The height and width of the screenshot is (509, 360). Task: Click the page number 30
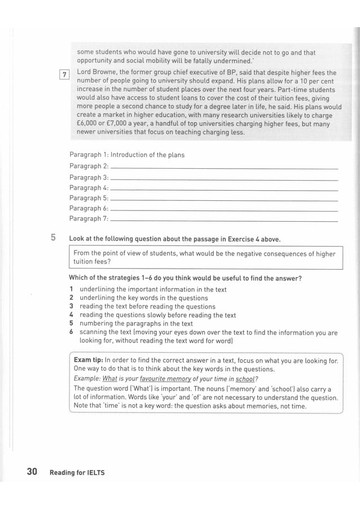pos(32,471)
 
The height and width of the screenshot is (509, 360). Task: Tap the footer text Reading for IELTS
pos(77,472)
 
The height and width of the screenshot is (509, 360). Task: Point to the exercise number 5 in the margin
pos(53,238)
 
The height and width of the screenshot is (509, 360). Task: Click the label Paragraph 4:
pos(89,188)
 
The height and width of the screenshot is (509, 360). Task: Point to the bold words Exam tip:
pos(89,359)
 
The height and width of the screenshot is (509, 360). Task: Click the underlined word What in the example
pos(109,379)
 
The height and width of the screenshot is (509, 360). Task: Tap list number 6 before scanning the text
pos(72,333)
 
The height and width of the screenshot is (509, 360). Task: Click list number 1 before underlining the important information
pos(72,289)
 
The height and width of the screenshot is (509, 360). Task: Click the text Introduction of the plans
pos(147,155)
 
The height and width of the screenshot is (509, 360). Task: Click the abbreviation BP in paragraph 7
pos(247,73)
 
